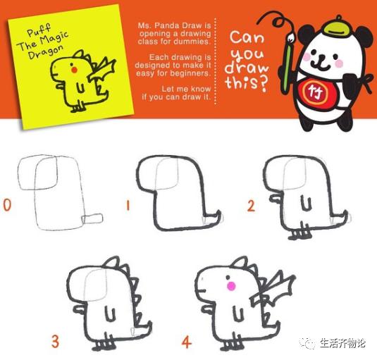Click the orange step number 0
[7, 205]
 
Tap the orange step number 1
[128, 206]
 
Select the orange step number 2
[251, 206]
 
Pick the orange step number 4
[186, 342]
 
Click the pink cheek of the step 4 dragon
[229, 285]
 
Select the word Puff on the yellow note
[40, 31]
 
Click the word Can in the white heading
[248, 37]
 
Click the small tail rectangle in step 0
[92, 218]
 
